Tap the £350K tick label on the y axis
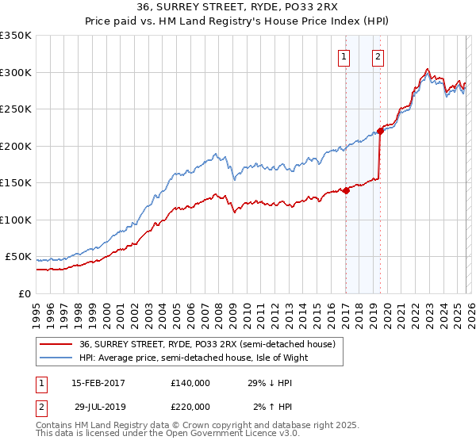click(16, 36)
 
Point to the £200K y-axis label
click(16, 146)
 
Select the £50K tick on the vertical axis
click(19, 257)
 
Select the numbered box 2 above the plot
click(378, 56)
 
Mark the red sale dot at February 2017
click(346, 190)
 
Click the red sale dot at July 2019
click(380, 132)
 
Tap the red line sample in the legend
click(56, 344)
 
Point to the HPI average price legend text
click(193, 358)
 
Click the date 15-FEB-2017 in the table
click(98, 383)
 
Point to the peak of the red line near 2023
click(428, 69)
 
